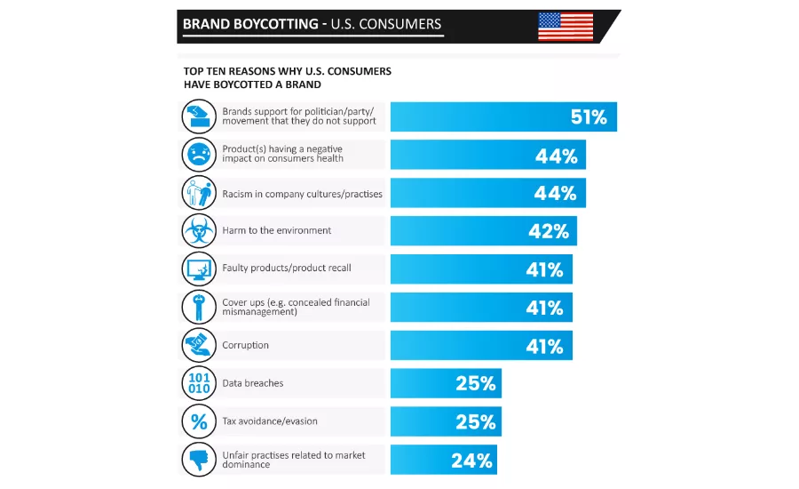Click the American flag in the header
[566, 26]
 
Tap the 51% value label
[588, 116]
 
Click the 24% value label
[471, 460]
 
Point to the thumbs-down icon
[198, 460]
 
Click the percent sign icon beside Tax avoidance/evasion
[198, 421]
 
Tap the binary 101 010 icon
[198, 383]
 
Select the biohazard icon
[198, 231]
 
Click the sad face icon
[198, 155]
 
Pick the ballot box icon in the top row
[198, 116]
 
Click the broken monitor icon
[198, 269]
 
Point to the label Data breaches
[253, 383]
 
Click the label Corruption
[245, 345]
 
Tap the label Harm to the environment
[276, 231]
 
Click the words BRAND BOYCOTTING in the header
[250, 24]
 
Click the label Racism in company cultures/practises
[302, 193]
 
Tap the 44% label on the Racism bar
[556, 193]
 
